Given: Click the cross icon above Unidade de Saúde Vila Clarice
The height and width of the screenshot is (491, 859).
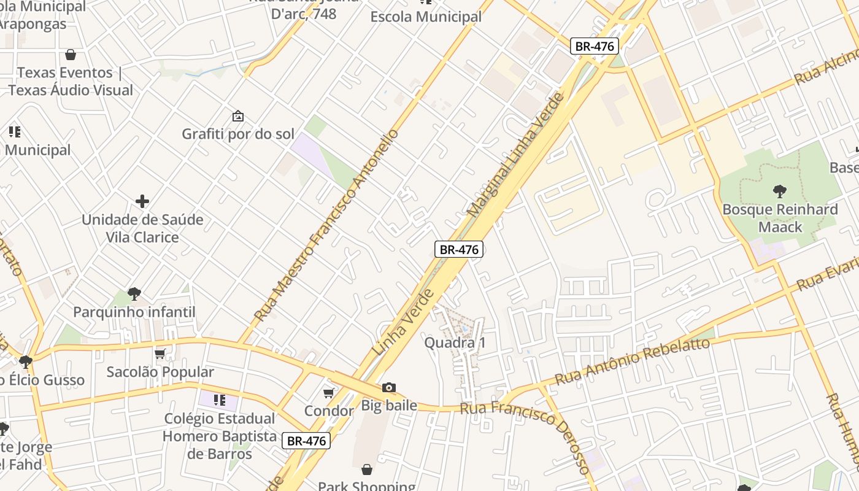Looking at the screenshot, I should [142, 201].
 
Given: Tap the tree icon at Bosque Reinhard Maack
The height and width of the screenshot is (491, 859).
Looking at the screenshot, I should [780, 191].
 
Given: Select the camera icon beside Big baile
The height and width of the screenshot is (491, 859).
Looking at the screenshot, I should [388, 387].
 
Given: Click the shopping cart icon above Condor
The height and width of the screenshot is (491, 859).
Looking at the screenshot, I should [329, 393].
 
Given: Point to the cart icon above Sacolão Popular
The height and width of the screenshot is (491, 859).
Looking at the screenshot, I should [160, 354].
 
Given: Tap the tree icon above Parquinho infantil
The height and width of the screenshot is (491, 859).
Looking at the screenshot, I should [134, 294].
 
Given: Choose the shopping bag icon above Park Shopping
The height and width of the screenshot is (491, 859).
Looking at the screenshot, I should [366, 470].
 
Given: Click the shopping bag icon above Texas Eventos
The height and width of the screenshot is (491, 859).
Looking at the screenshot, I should [71, 55].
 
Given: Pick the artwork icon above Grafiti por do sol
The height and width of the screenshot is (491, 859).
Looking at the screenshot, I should [237, 116].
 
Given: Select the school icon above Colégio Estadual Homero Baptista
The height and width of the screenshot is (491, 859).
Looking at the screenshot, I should [219, 401].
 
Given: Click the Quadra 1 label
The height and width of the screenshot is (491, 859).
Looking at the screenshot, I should [455, 342].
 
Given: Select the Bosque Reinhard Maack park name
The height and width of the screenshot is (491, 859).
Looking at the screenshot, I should [780, 218].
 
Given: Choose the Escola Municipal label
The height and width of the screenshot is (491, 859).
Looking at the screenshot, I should [426, 17].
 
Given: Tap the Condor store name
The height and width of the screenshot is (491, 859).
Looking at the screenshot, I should [329, 411].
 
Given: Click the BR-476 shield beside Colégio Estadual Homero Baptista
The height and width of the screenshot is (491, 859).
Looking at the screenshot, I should [306, 441].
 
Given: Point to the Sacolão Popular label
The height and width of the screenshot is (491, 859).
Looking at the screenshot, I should [160, 372].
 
